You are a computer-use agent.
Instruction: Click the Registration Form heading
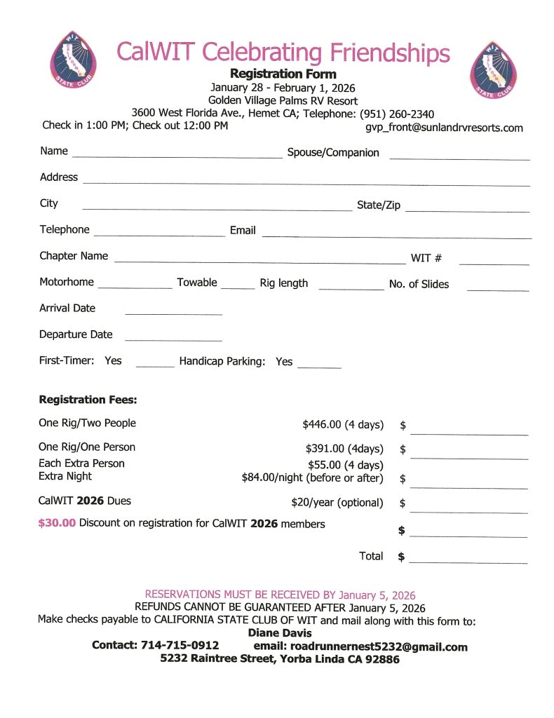coord(283,74)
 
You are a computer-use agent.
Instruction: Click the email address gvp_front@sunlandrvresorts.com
coord(444,128)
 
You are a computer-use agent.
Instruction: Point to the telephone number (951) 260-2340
coord(397,114)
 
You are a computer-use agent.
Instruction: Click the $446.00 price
coord(327,424)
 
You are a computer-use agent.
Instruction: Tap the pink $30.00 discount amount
coord(57,523)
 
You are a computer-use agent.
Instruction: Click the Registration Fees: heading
coord(88,400)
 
